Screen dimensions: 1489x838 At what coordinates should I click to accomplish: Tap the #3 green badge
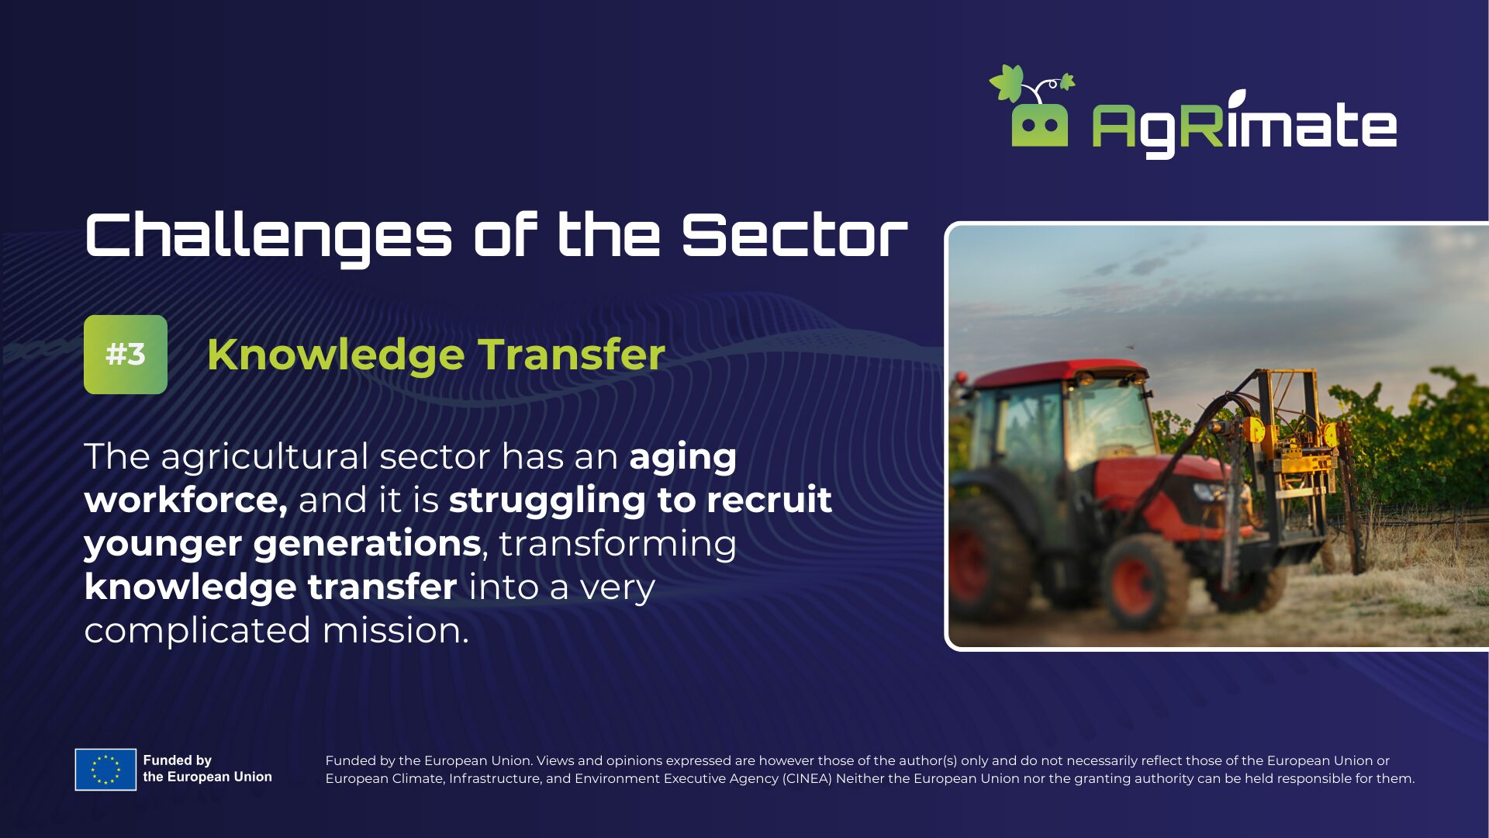coord(126,355)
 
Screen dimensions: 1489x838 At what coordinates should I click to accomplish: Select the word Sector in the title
coord(795,235)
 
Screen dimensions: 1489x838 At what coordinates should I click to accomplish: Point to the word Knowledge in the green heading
coord(336,355)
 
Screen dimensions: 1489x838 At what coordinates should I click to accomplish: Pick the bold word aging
coord(682,458)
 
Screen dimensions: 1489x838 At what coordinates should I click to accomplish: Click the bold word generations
coord(368,543)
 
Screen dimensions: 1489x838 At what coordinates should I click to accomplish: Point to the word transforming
coord(618,544)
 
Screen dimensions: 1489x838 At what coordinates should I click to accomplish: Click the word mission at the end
coord(396,630)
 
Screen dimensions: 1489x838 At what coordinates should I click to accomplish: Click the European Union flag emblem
coord(105,770)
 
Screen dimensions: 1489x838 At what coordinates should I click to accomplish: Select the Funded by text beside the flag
coord(178,760)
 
